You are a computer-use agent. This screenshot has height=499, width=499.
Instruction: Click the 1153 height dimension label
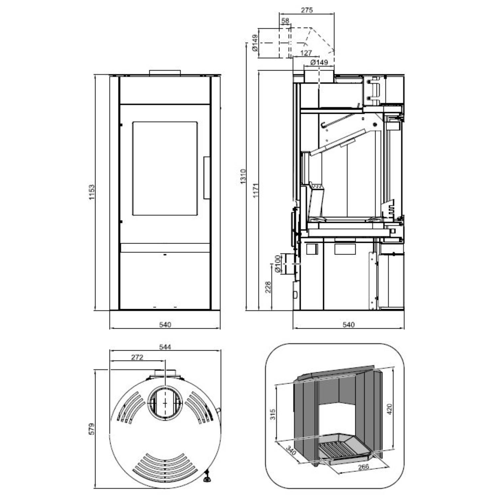92,192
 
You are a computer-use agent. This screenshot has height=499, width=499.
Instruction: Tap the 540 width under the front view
165,324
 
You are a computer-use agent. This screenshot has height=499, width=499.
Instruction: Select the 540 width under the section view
348,324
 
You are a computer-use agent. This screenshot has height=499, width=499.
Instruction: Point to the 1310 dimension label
243,176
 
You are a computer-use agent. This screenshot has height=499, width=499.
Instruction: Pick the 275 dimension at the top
306,10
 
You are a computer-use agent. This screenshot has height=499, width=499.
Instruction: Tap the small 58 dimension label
285,21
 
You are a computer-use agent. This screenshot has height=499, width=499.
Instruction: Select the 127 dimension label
306,53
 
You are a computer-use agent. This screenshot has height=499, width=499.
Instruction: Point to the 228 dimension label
268,287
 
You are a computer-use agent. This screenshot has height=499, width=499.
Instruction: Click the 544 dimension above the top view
165,347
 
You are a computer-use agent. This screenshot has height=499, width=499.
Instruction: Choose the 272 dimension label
137,357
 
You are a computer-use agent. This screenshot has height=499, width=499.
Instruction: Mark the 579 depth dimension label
92,429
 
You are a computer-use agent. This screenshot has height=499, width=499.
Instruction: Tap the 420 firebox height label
390,409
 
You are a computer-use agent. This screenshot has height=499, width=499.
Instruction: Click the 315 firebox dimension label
273,414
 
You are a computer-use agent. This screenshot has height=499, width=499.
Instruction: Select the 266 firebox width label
363,467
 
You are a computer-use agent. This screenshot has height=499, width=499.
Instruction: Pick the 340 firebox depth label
291,451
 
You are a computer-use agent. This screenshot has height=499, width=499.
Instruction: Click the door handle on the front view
207,178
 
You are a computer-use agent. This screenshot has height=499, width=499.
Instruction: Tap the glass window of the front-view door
165,168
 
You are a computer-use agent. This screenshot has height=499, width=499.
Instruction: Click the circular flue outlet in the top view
165,403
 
